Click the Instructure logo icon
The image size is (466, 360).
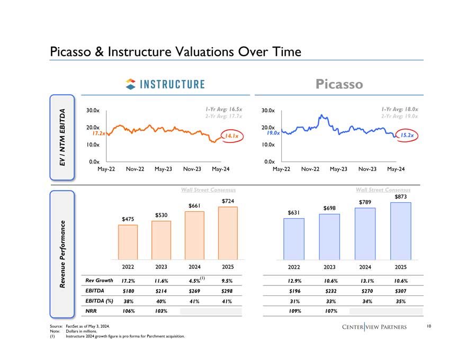[x=130, y=84]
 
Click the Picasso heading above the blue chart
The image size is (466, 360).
[x=339, y=84]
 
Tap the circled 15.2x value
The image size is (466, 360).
[x=407, y=136]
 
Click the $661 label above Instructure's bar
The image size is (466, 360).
[x=194, y=205]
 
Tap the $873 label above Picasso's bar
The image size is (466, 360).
[x=401, y=197]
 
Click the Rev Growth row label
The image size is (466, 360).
[x=98, y=280]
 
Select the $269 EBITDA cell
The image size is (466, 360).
[x=194, y=291]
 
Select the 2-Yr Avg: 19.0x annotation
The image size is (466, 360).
[x=400, y=116]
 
